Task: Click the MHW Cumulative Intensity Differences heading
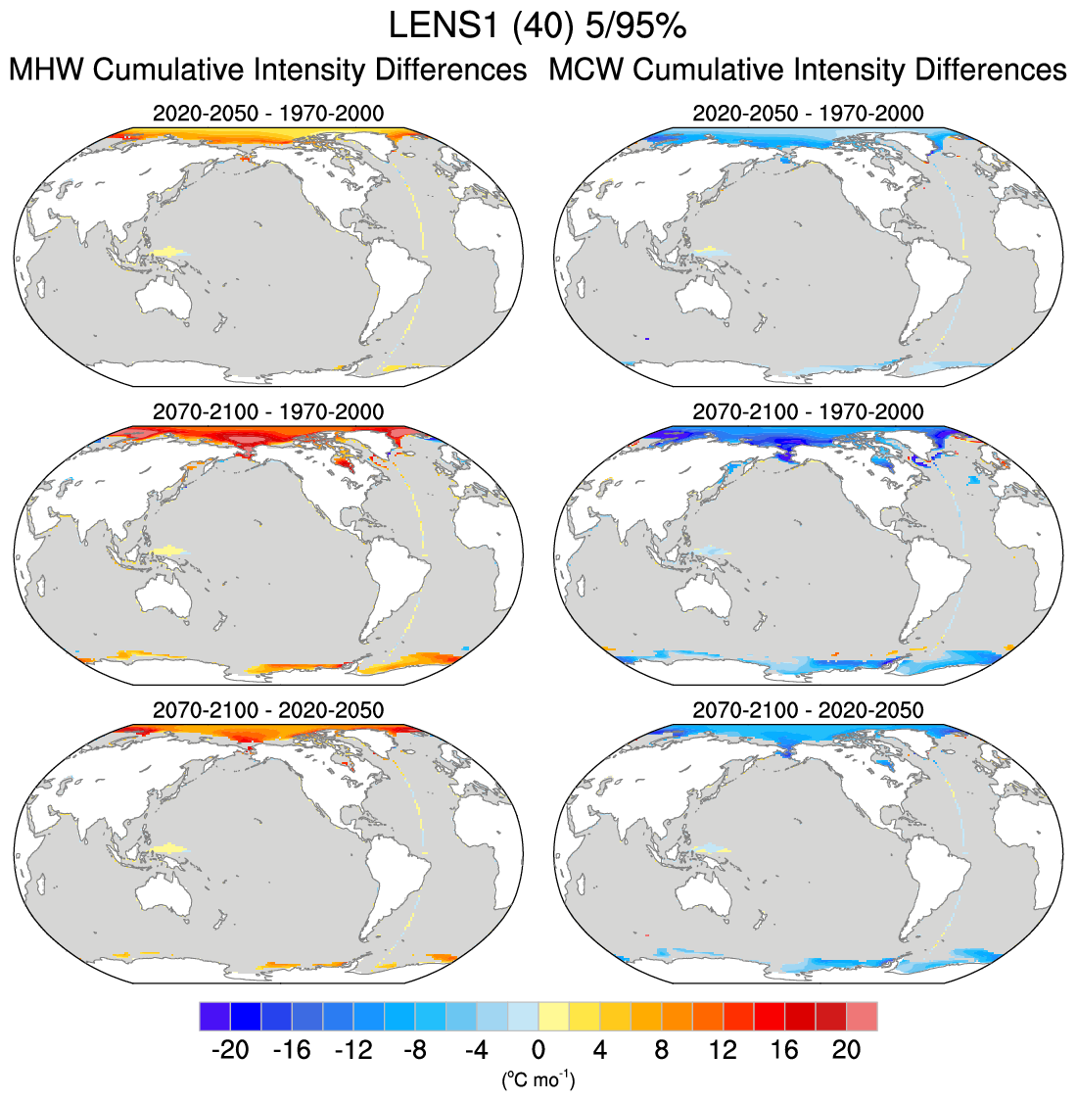point(267,71)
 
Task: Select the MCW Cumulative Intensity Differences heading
point(808,71)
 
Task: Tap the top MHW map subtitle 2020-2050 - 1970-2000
point(268,114)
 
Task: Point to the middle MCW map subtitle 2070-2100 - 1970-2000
point(808,411)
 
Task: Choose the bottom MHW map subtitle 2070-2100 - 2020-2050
point(268,709)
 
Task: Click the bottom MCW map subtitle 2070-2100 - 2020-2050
point(808,709)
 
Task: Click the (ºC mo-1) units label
point(538,1080)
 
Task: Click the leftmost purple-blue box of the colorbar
point(214,1016)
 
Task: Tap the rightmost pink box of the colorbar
point(862,1016)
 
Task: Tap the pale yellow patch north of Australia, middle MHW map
point(167,550)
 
